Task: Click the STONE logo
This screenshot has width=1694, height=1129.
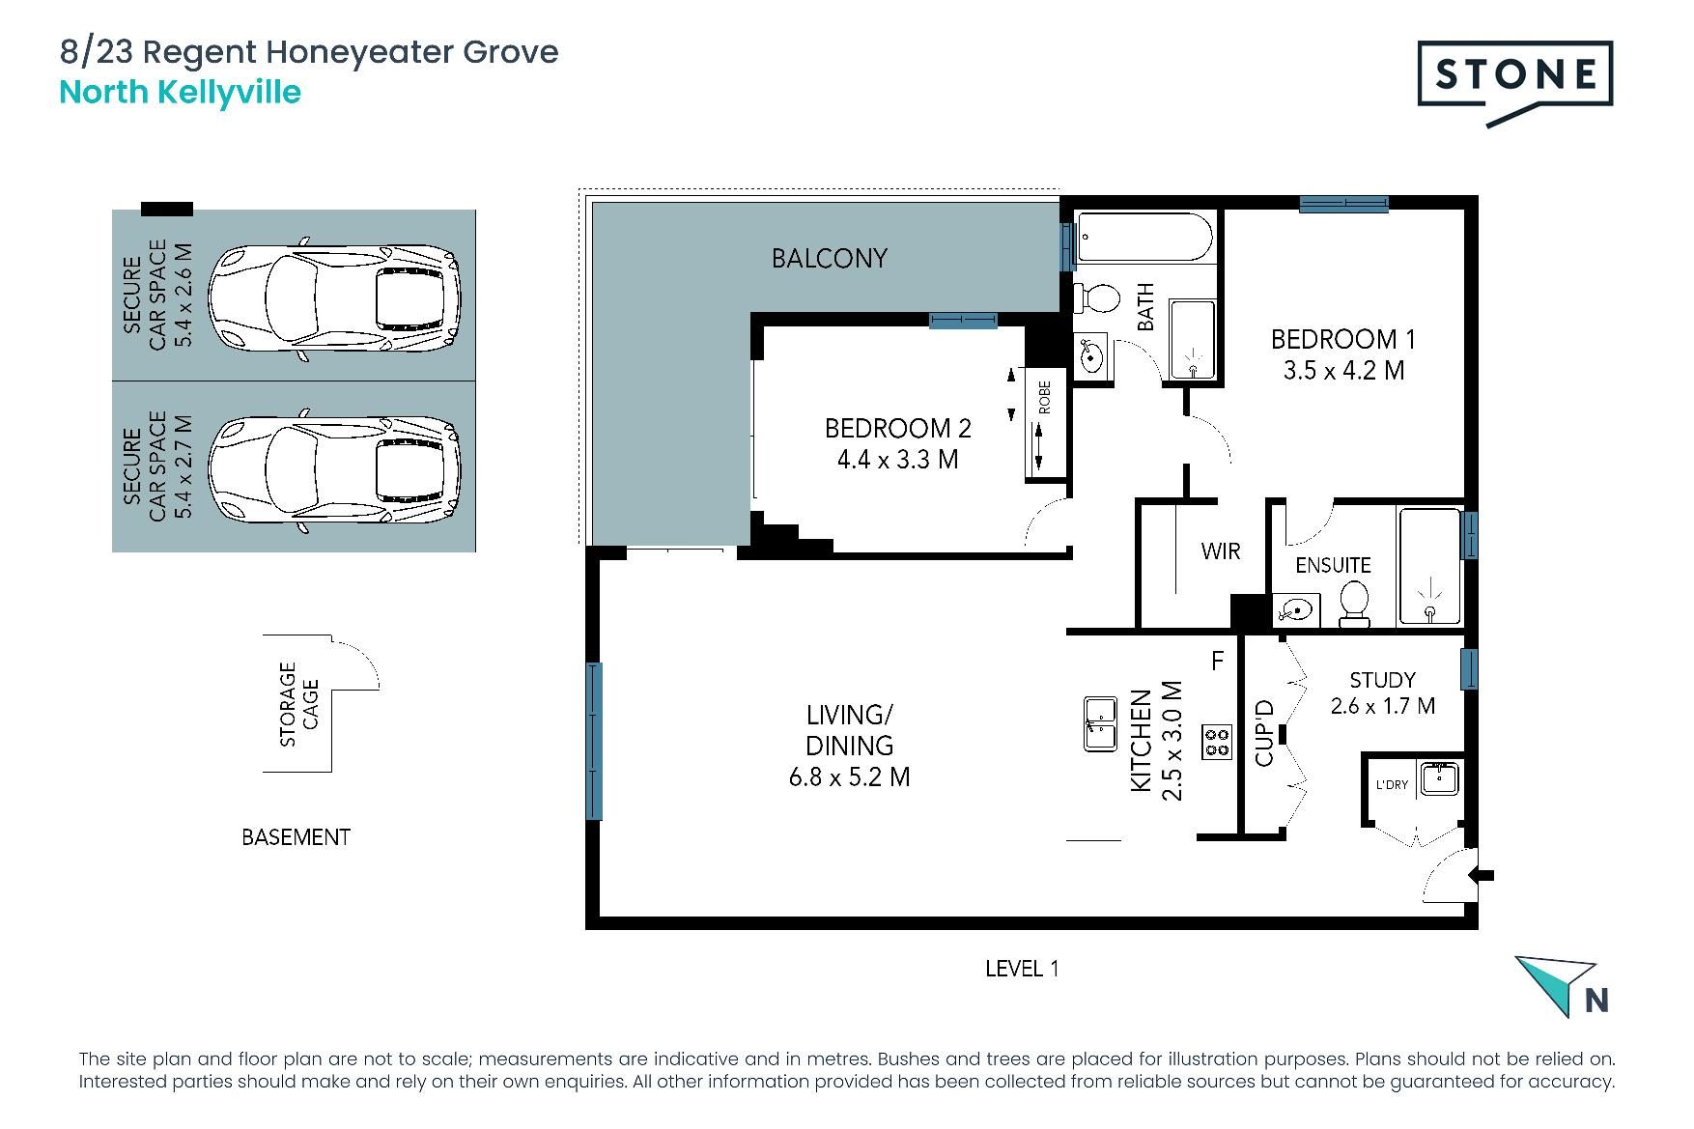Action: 1514,83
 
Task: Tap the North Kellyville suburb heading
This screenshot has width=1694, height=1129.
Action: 181,93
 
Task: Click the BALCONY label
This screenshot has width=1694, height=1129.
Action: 829,259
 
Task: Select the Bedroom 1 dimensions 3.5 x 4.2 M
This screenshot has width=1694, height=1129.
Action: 1343,370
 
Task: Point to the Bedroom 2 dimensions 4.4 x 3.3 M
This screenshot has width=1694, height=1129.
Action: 897,460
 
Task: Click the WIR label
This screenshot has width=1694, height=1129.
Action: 1221,551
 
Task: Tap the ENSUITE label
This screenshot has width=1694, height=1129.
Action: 1333,565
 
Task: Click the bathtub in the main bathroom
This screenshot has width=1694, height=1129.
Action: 1144,239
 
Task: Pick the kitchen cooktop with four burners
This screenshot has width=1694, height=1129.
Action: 1217,742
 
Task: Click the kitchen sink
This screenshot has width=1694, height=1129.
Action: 1100,723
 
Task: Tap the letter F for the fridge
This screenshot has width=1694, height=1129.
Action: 1218,661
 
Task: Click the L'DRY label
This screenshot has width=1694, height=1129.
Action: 1392,784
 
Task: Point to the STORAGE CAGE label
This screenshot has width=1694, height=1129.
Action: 298,704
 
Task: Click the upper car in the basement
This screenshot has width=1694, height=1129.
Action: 335,299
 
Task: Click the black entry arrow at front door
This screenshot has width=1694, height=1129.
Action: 1481,875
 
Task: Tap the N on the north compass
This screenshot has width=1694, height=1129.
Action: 1596,1001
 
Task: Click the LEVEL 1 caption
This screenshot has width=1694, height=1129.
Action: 1022,969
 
